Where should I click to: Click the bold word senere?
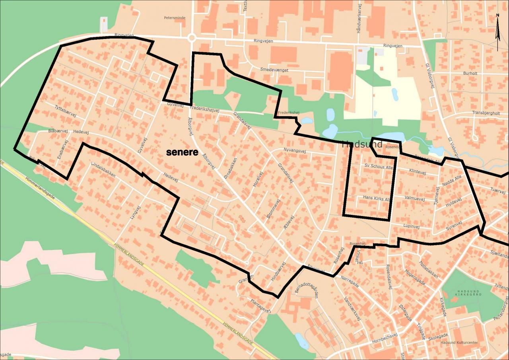tap(182, 152)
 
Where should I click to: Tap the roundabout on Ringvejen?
tap(192, 38)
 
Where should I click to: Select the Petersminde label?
tap(175, 18)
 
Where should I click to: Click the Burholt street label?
tap(470, 74)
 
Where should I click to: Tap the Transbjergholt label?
tap(486, 113)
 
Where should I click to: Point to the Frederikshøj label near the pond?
tap(288, 113)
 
